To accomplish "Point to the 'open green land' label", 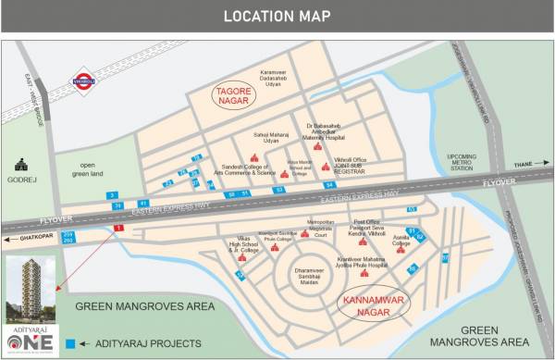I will [98, 169].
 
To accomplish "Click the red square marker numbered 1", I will [117, 228].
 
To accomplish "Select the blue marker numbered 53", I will [278, 189].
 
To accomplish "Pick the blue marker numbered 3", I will [113, 196].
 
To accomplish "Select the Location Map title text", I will [277, 16].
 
